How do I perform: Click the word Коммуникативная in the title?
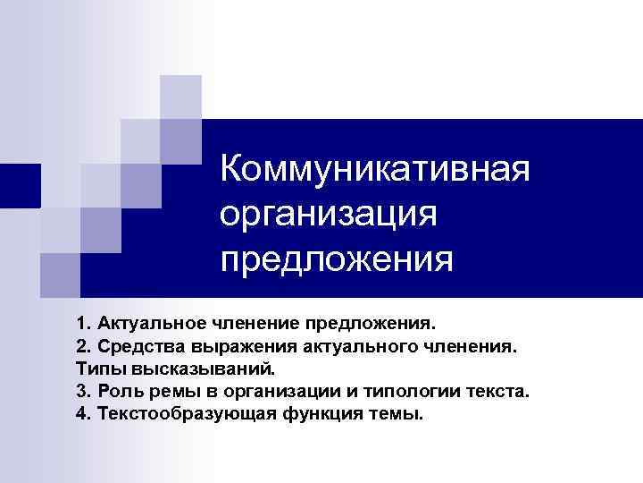coord(376,168)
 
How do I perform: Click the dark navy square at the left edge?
coord(20,186)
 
